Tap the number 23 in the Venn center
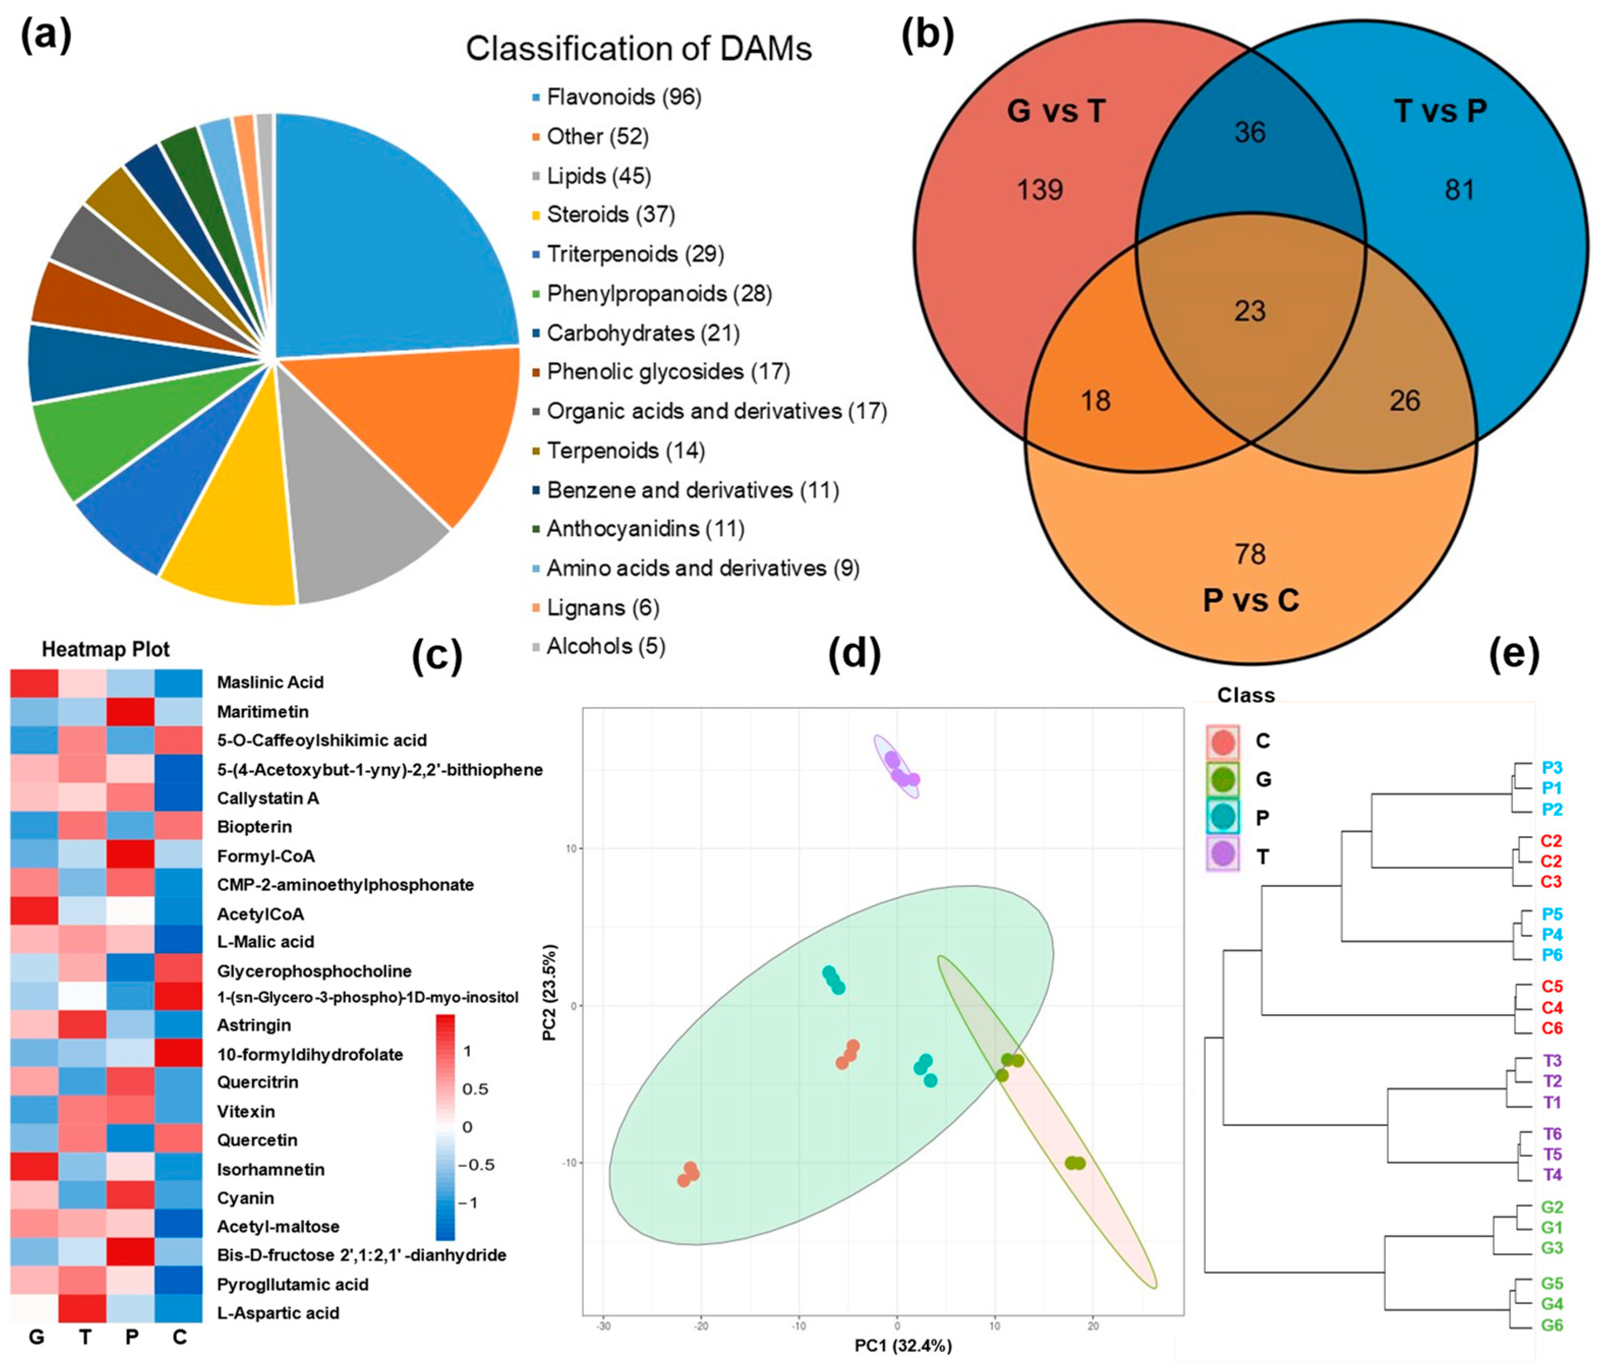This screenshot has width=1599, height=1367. click(1249, 311)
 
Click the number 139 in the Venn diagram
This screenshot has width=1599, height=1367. click(1039, 190)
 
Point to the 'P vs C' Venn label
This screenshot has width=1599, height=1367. click(1250, 600)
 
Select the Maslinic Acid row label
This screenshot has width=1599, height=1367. click(270, 682)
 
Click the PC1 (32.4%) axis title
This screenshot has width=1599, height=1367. click(903, 1346)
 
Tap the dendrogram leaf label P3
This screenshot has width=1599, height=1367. click(1552, 767)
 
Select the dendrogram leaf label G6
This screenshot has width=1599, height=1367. click(1552, 1325)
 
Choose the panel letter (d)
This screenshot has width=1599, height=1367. click(854, 655)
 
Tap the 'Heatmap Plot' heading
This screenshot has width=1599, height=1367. click(106, 649)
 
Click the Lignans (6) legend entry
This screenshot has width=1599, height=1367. click(603, 608)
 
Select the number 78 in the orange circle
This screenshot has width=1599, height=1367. click(1250, 554)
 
